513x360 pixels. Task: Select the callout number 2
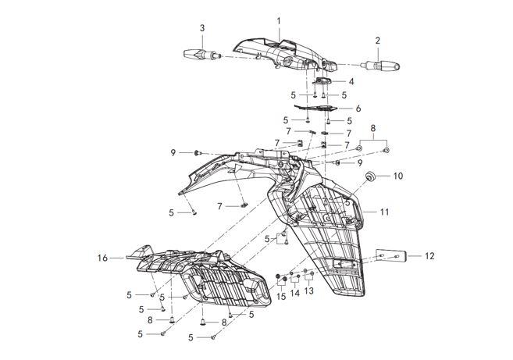[x=377, y=40]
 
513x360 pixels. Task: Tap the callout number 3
[x=202, y=28]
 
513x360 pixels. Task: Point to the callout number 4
[x=352, y=81]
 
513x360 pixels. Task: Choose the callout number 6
[x=358, y=108]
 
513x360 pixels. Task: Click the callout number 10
[x=397, y=176]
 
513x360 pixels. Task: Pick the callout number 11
[x=384, y=212]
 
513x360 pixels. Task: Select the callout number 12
[x=429, y=255]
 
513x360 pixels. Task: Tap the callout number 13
[x=309, y=290]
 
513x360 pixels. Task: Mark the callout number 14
[x=295, y=295]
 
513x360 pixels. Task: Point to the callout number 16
[x=102, y=256]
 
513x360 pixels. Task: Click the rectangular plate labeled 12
[x=390, y=255]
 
